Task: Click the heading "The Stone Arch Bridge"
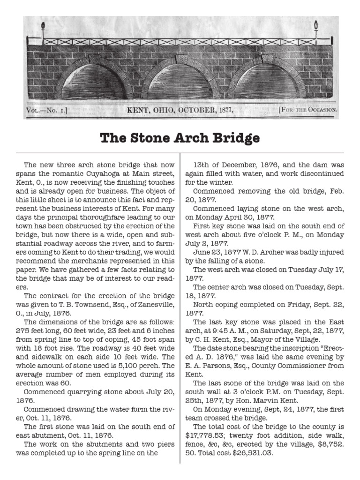[180, 138]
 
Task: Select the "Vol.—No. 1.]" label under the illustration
[47, 111]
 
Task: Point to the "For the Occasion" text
[308, 111]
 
